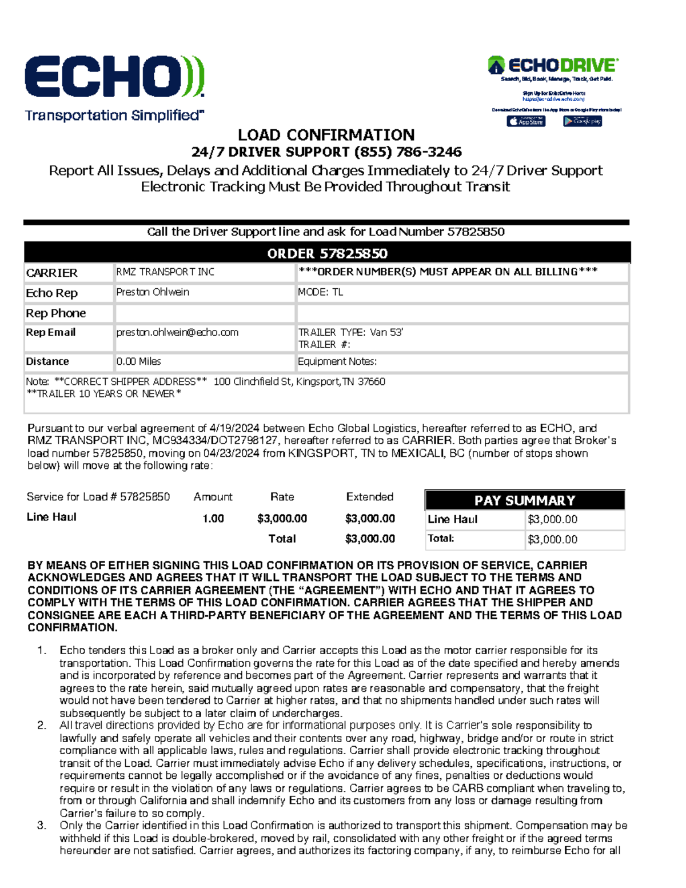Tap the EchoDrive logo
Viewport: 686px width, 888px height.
coord(553,65)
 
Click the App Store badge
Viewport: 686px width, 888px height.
coord(526,121)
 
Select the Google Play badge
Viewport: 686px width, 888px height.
coord(582,121)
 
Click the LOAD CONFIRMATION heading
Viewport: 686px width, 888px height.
coord(326,135)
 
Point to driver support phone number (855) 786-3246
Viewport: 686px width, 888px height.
coord(408,152)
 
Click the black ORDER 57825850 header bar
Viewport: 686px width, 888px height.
coord(327,253)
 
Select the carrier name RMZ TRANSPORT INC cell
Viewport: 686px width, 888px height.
coord(165,272)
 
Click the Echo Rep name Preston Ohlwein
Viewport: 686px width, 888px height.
coord(153,292)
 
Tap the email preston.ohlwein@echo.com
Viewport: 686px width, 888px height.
coord(177,332)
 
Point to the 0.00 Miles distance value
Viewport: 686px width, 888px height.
coord(139,361)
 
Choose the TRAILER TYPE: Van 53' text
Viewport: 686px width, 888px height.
coord(350,332)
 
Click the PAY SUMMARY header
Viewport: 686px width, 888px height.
coord(524,500)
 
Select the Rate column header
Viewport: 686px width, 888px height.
coord(282,497)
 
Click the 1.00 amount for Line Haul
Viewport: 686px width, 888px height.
coord(213,519)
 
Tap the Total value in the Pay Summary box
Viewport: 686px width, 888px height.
coord(552,539)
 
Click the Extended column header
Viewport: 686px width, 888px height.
coord(369,497)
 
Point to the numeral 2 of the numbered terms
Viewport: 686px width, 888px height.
coord(41,726)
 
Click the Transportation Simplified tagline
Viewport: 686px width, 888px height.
coord(114,116)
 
